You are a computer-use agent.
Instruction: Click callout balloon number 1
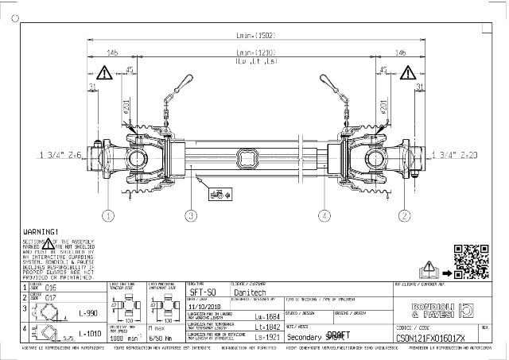[x=108, y=215]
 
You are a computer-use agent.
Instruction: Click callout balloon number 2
[x=405, y=215]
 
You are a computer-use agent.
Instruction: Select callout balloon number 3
[x=190, y=215]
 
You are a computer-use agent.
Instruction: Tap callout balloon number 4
[x=324, y=215]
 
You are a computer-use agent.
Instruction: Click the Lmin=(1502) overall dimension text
[x=255, y=35]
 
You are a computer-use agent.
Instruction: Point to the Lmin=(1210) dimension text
[x=255, y=52]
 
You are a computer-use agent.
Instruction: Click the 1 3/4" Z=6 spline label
[x=60, y=155]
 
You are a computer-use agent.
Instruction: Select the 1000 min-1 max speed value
[x=122, y=337]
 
